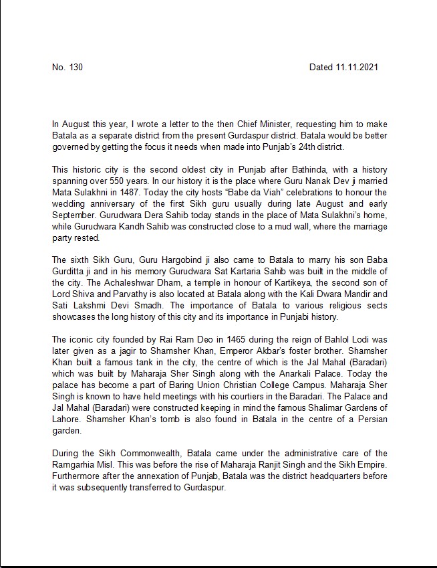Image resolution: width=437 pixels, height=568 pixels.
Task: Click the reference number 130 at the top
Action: point(75,68)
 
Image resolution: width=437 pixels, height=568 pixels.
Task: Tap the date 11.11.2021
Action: point(358,68)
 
